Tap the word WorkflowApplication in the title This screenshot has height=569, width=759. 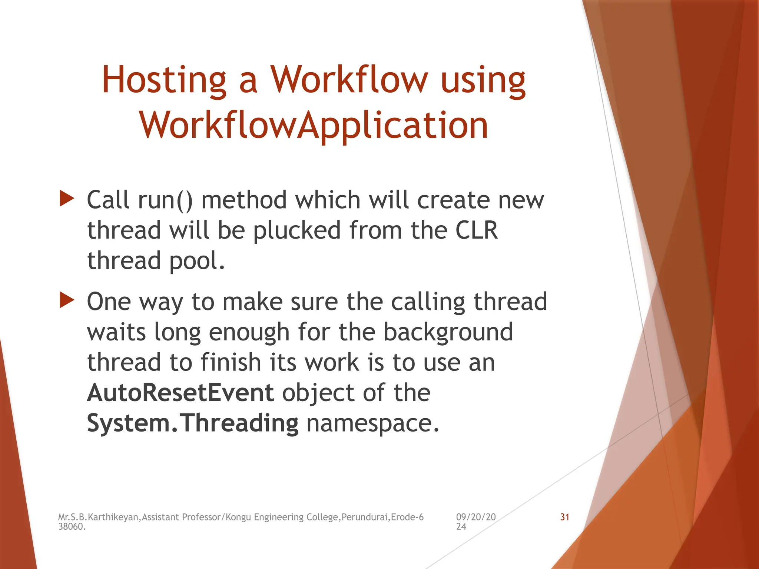(314, 126)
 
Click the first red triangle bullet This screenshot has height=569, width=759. (67, 199)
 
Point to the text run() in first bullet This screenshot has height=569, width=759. (165, 200)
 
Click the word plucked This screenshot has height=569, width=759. (296, 230)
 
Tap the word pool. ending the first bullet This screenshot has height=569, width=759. (197, 261)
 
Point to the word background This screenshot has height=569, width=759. (448, 332)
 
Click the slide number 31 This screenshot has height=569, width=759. (564, 517)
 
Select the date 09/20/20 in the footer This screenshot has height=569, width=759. (475, 517)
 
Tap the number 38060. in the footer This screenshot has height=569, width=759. (72, 527)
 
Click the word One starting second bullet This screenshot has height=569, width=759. (109, 302)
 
